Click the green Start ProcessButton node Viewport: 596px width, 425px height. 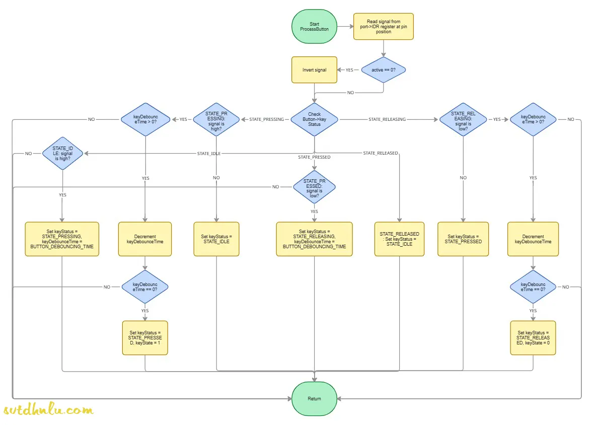click(314, 27)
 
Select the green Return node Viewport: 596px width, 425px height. click(314, 398)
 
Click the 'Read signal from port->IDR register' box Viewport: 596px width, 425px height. click(384, 27)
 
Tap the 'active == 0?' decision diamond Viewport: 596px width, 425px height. click(384, 70)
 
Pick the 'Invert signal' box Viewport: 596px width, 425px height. click(314, 70)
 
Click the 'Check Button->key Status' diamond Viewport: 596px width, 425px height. click(314, 119)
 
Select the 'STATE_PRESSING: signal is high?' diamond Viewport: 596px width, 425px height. click(216, 119)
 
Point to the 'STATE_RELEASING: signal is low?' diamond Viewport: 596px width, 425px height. click(463, 119)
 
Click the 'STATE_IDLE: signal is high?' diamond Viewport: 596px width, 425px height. click(62, 153)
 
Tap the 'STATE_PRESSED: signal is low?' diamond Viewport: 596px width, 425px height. click(314, 187)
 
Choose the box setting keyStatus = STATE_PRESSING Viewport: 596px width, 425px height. click(62, 239)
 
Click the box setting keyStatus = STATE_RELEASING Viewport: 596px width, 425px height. click(314, 239)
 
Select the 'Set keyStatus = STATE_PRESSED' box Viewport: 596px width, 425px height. click(463, 239)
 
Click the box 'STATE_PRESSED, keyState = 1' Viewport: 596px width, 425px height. click(145, 338)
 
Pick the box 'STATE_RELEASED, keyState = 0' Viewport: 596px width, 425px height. click(533, 338)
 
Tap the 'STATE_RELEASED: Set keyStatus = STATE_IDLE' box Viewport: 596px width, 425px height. click(399, 239)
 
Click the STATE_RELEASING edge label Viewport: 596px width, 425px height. click(387, 119)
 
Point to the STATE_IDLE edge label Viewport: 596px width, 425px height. click(208, 153)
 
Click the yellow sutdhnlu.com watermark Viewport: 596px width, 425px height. click(48, 410)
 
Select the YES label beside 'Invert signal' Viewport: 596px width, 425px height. click(349, 70)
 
